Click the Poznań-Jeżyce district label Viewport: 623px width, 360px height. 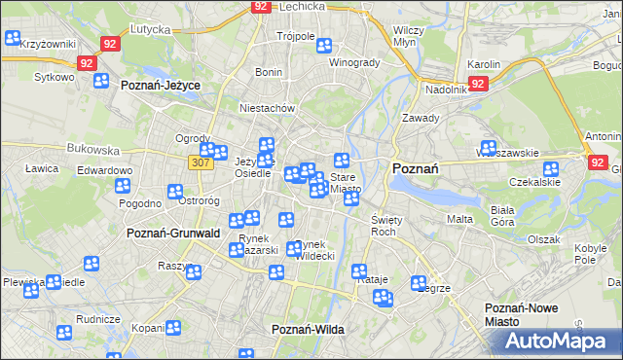coord(161,86)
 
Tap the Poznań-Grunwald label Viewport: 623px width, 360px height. coord(173,234)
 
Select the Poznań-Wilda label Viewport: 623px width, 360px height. coord(308,329)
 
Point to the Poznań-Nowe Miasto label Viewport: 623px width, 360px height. coord(522,314)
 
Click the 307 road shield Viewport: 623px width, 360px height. coord(201,162)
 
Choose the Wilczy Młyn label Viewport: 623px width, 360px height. coord(405,36)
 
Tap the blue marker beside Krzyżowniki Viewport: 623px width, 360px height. coord(13,39)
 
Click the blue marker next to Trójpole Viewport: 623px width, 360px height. coord(323,45)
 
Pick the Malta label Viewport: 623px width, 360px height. coord(459,219)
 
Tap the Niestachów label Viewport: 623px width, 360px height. coord(268,108)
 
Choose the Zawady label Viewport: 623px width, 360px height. coord(422,118)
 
